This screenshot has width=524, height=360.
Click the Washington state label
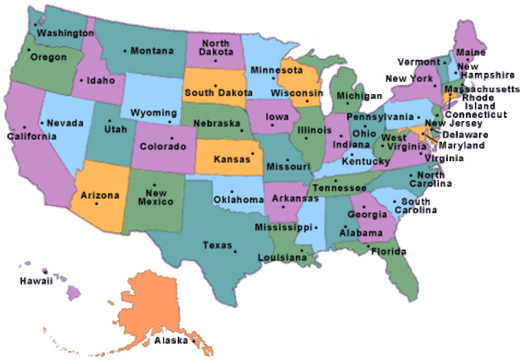tap(65, 34)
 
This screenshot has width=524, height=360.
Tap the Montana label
tap(153, 51)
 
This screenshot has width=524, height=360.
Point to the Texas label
tap(218, 245)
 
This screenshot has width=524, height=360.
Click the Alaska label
tap(171, 340)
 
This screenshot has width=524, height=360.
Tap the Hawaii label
tap(36, 281)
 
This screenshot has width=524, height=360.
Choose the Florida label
tap(388, 252)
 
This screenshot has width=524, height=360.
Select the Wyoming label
tap(155, 112)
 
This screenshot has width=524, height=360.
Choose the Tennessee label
tap(338, 188)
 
